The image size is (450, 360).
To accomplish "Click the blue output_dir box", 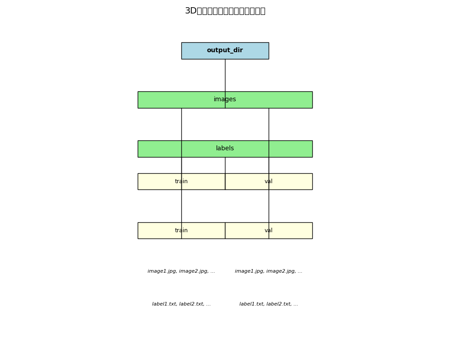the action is (225, 50).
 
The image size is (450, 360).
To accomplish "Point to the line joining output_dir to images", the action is (225, 75).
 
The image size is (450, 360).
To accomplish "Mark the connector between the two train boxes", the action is (181, 206).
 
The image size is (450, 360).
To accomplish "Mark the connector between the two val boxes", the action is (269, 206).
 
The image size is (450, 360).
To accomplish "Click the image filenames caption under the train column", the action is (181, 271).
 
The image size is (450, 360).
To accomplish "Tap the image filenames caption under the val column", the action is (269, 271).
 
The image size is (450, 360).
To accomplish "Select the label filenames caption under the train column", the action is (181, 304).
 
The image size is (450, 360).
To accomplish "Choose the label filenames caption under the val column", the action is (269, 304).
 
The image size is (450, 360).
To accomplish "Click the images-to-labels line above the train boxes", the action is (181, 124).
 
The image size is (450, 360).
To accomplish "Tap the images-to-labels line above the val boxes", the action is (269, 124).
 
